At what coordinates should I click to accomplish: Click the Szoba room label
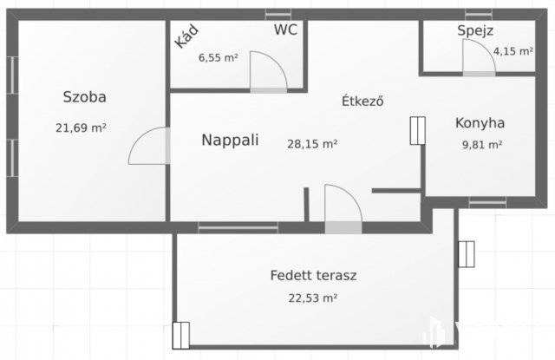(x=84, y=96)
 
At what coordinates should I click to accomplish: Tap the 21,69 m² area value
(x=81, y=128)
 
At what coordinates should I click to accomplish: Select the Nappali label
(x=230, y=140)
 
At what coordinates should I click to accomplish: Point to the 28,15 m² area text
(x=312, y=145)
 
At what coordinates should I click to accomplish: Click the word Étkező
(x=362, y=101)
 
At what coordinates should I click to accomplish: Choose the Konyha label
(x=480, y=123)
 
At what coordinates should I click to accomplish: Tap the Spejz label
(x=475, y=31)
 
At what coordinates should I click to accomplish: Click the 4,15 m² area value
(x=513, y=51)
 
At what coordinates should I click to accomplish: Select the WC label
(x=286, y=29)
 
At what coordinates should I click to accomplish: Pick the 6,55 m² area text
(x=218, y=58)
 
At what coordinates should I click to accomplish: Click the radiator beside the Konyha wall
(x=416, y=130)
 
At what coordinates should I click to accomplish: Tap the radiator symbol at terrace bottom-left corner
(x=180, y=334)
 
